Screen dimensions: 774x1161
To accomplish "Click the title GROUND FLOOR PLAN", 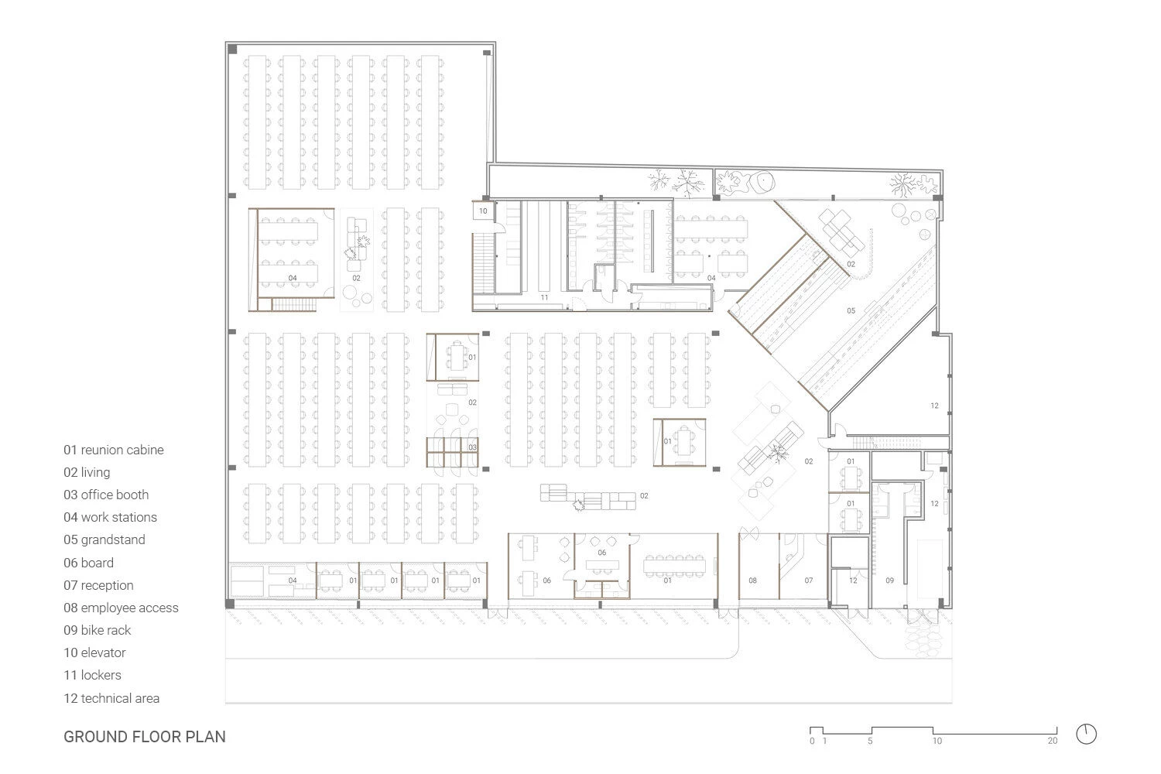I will click(x=145, y=736).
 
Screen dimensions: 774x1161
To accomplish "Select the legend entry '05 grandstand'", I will click(x=104, y=539).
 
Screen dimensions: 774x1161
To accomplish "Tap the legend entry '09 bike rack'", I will click(x=98, y=630).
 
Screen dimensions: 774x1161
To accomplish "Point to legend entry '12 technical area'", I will click(x=111, y=698).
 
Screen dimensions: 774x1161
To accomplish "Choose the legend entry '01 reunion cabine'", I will click(x=114, y=450).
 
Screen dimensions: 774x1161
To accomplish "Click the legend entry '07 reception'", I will click(x=98, y=585).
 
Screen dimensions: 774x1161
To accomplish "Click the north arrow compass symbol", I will click(x=1087, y=734).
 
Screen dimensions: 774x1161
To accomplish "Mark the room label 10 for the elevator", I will click(x=483, y=211).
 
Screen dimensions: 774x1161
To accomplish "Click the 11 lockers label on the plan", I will click(x=544, y=297).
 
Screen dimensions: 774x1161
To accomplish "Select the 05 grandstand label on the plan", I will click(x=851, y=310).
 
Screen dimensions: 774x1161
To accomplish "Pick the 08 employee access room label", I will click(x=752, y=580).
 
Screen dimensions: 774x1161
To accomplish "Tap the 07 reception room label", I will click(x=808, y=580).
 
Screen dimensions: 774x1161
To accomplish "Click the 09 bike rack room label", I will click(x=890, y=580).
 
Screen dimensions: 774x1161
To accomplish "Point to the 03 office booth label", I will click(x=472, y=447).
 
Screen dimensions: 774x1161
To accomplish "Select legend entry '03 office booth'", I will click(x=106, y=495).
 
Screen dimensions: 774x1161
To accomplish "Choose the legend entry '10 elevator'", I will click(x=94, y=652).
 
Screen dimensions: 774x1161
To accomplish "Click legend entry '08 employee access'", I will click(x=121, y=608).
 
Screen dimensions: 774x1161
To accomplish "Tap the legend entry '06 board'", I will click(x=88, y=563).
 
